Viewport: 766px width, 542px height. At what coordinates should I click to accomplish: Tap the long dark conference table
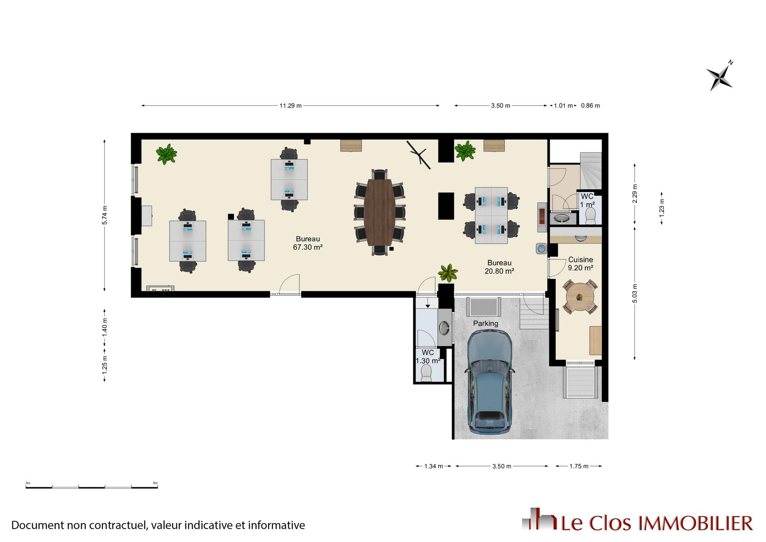click(x=379, y=212)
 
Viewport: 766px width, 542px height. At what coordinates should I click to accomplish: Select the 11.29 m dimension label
click(x=290, y=106)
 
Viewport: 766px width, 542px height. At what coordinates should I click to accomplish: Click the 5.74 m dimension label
click(x=105, y=215)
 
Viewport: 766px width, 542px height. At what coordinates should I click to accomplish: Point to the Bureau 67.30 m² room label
click(x=308, y=243)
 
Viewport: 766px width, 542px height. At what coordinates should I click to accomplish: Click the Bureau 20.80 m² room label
click(x=499, y=267)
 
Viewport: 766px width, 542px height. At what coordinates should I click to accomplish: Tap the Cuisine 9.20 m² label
click(x=580, y=264)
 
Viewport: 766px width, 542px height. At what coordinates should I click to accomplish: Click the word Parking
click(x=486, y=323)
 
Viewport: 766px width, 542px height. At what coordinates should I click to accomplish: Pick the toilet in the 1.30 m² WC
click(x=426, y=373)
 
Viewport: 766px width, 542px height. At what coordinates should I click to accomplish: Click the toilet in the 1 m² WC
click(x=590, y=216)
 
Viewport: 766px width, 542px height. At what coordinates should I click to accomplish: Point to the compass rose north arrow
click(x=720, y=76)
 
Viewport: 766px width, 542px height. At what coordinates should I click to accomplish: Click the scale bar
click(x=92, y=487)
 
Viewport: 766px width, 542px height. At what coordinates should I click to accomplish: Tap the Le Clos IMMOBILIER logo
click(x=637, y=520)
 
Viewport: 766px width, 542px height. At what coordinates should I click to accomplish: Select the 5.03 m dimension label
click(x=635, y=293)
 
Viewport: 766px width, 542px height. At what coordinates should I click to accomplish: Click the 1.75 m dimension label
click(x=579, y=466)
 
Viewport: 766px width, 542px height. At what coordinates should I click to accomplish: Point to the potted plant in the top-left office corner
click(x=166, y=154)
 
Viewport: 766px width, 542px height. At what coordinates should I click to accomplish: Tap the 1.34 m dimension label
click(x=434, y=466)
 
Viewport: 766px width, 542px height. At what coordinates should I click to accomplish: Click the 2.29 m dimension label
click(x=635, y=194)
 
